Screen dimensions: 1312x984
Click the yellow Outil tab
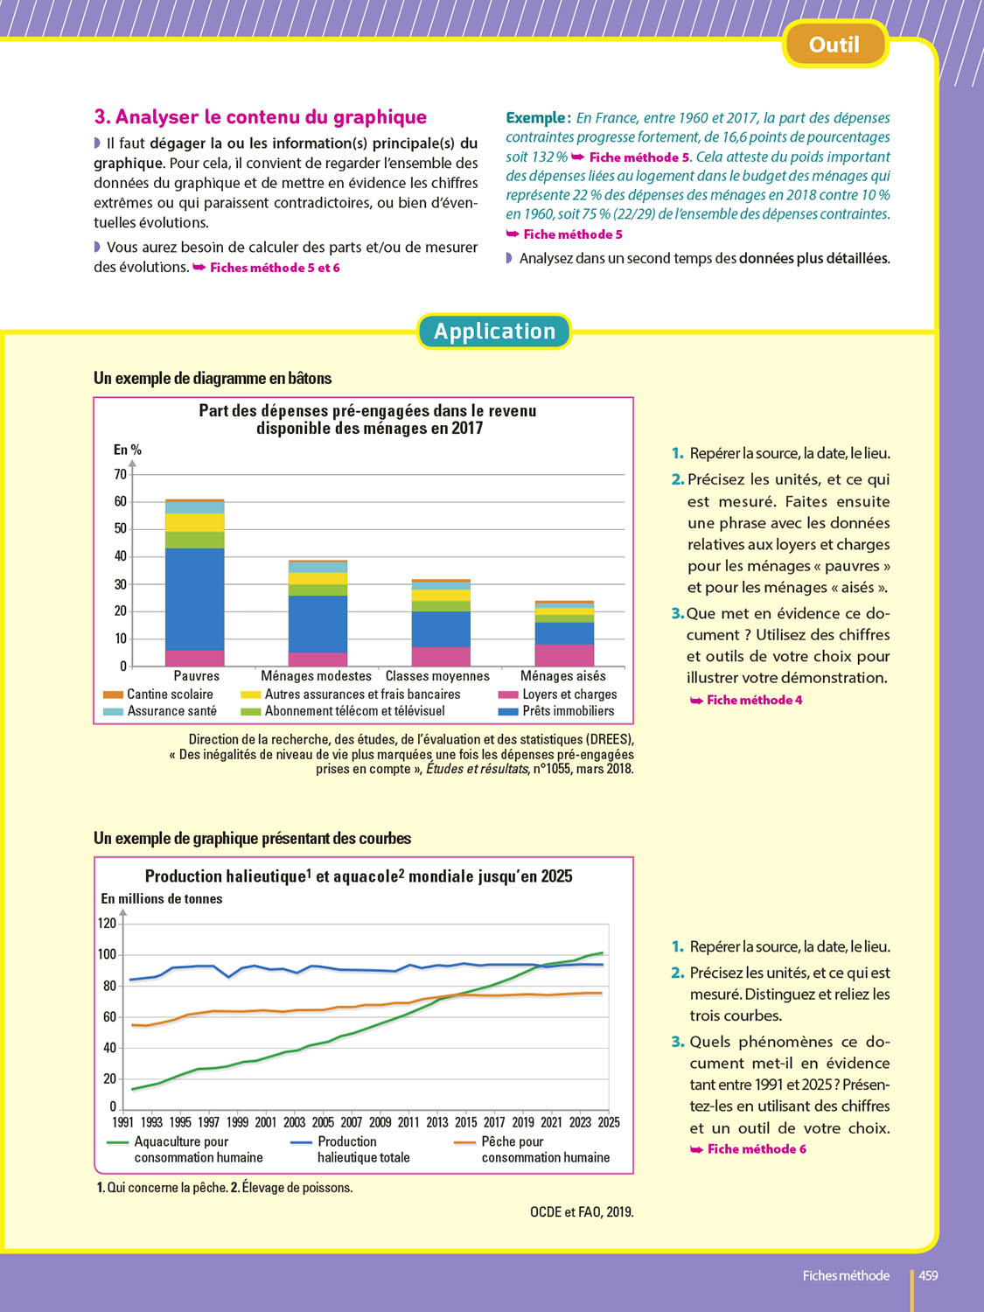pos(834,45)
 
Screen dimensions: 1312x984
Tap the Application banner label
pos(494,331)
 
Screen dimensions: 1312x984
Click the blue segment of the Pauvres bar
pos(194,599)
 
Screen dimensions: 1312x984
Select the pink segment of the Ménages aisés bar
pos(564,655)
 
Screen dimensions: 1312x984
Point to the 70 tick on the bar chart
pos(120,474)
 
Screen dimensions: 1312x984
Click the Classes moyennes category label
pos(437,676)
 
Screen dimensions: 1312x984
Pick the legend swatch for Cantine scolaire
pos(113,694)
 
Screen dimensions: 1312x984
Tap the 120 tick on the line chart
pos(107,923)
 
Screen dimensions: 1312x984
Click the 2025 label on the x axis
pos(609,1122)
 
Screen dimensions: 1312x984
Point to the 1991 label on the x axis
pos(123,1122)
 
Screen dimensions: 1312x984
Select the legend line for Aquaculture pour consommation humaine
pos(118,1142)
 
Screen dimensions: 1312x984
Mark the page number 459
pos(928,1275)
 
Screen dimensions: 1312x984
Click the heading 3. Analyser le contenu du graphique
pos(261,117)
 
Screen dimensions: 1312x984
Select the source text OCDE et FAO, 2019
pos(582,1211)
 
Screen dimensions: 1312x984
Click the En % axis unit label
pos(128,450)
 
